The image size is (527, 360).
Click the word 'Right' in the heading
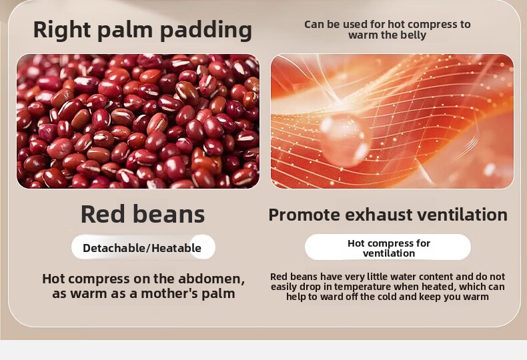tap(62, 31)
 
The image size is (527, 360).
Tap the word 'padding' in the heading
tap(206, 31)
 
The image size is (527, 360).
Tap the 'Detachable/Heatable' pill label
tap(143, 247)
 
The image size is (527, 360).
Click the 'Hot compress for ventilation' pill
tap(388, 247)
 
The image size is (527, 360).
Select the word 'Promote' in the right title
tap(304, 215)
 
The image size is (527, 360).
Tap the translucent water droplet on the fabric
tap(346, 139)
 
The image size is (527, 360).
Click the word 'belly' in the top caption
tap(412, 35)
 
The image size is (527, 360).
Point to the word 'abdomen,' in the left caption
tap(211, 279)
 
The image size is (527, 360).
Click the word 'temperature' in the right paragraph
tap(362, 287)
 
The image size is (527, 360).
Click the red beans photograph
tap(138, 121)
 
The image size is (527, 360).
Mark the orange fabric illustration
tap(392, 121)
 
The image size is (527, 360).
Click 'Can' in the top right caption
tap(313, 25)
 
